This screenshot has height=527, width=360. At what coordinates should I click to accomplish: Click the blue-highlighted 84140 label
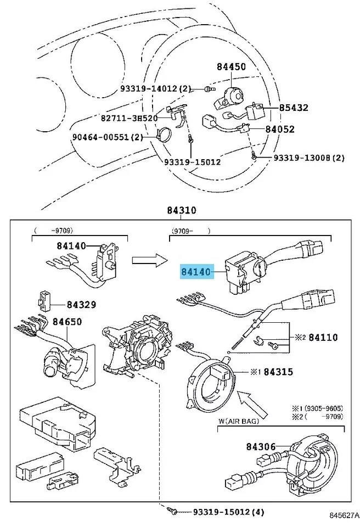click(x=197, y=271)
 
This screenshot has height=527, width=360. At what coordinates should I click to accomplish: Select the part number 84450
click(x=231, y=67)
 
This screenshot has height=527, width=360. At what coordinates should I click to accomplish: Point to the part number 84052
click(x=280, y=130)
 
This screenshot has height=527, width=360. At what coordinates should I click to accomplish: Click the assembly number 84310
click(x=182, y=211)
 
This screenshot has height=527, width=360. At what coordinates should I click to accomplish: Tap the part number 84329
click(x=81, y=304)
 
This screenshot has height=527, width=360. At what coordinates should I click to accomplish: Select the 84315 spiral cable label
click(x=278, y=372)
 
